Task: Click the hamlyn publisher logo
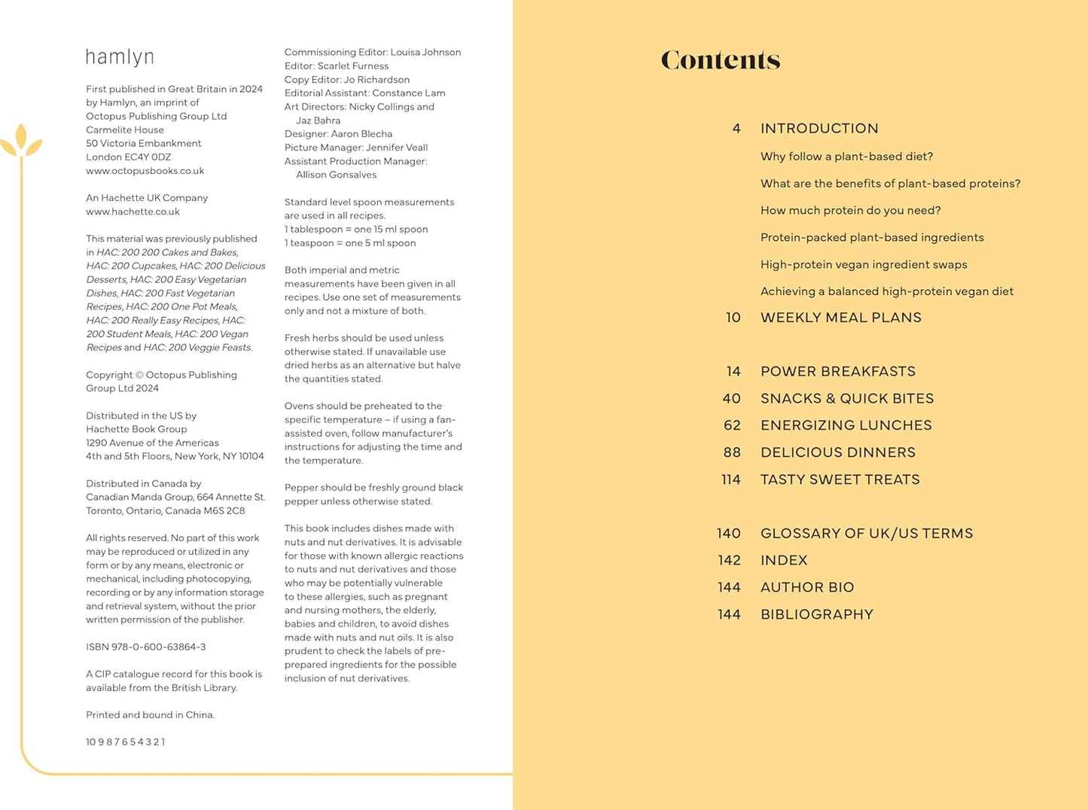120,57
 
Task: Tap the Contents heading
720,60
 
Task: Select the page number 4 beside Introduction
736,129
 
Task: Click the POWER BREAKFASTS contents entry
837,371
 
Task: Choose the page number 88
732,452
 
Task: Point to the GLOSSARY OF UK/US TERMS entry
866,534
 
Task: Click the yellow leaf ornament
20,141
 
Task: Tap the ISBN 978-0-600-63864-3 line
145,647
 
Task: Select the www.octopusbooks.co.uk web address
145,171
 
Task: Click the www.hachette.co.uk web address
133,212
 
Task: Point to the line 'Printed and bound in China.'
150,715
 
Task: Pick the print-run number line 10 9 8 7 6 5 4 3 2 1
125,742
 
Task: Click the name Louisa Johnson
425,53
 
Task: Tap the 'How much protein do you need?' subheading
850,211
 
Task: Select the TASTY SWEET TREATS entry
840,480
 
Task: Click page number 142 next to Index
729,561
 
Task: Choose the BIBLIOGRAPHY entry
816,615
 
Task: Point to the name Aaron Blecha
361,134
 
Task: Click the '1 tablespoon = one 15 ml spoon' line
355,230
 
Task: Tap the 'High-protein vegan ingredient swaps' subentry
863,265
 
